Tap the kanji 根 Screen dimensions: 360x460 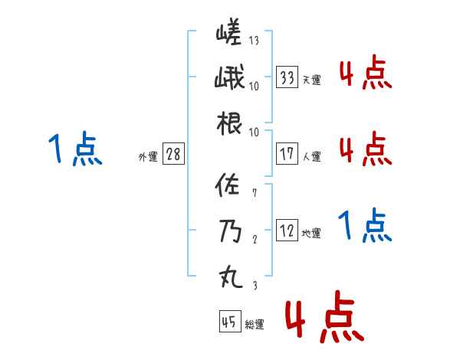tap(229, 123)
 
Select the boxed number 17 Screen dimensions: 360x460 tap(287, 153)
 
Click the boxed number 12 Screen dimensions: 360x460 tap(287, 231)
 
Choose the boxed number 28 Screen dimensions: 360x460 tap(173, 155)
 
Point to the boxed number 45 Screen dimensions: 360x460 tap(229, 322)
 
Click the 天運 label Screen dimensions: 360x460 tap(312, 80)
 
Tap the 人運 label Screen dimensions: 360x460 tap(312, 156)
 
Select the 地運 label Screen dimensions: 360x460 tap(312, 234)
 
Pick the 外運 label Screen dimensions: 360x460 tap(148, 157)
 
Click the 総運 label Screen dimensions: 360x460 tap(255, 325)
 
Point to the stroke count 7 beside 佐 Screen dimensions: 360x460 tap(253, 193)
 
